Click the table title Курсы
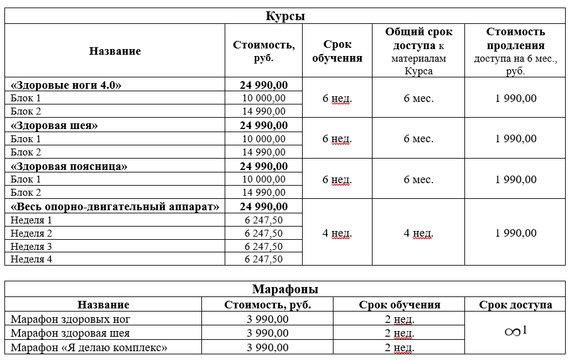coord(285,16)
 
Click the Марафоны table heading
coord(285,290)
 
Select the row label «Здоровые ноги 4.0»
coord(66,85)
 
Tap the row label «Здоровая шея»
coord(55,125)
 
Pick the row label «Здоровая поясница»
coord(69,166)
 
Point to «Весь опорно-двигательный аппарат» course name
coord(115,206)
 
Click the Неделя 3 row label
coord(31,246)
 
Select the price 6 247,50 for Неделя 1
coord(264,220)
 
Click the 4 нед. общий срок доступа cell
coord(418,233)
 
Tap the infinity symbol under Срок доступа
coord(513,332)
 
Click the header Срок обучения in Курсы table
coord(337,51)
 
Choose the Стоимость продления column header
coord(515,51)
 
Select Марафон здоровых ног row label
coord(70,319)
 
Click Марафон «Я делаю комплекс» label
coord(89,347)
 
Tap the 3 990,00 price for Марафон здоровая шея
coord(267,333)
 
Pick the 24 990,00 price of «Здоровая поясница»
coord(264,166)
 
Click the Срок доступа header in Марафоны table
coord(515,305)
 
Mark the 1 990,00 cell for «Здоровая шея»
coord(515,138)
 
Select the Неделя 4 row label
coord(31,259)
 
